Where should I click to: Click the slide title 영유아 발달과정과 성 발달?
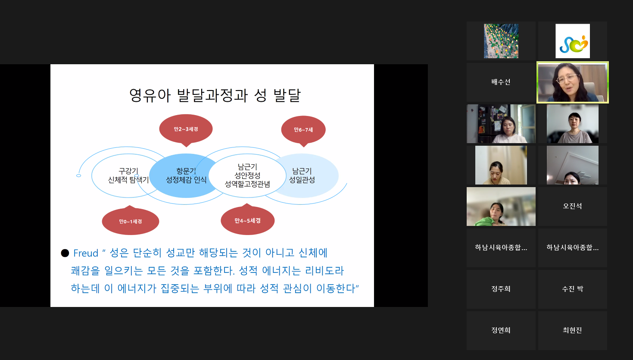(x=215, y=95)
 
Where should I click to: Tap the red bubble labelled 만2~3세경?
(x=186, y=129)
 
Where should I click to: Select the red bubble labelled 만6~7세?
(x=303, y=130)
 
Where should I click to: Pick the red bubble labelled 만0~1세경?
(x=130, y=221)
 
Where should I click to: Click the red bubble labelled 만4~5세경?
(x=247, y=220)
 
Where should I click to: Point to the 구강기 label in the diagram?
(x=128, y=171)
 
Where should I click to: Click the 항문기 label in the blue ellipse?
(x=186, y=171)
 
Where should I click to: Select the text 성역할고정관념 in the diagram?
(x=247, y=184)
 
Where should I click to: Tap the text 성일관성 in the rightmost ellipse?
(x=302, y=180)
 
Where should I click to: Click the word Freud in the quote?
(x=86, y=253)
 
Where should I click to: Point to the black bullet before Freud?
(x=65, y=253)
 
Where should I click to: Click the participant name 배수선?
(x=501, y=82)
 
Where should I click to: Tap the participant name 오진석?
(x=572, y=206)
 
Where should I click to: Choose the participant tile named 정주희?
(x=501, y=289)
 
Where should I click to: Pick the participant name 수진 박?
(x=572, y=289)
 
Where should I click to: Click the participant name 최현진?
(x=572, y=330)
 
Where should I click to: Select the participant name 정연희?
(x=501, y=330)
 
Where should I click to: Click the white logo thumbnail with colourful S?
(x=573, y=41)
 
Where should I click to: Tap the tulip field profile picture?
(x=501, y=41)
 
